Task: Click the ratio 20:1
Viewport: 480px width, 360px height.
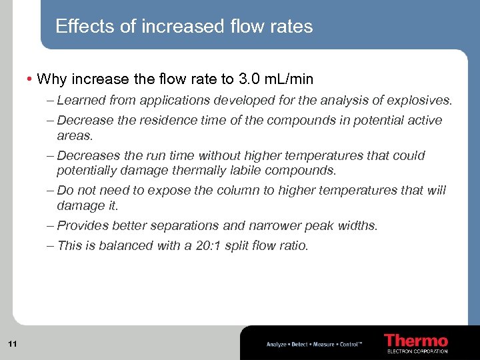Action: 202,246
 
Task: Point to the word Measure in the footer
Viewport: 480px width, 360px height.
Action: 325,345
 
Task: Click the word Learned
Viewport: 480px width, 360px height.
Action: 80,101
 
